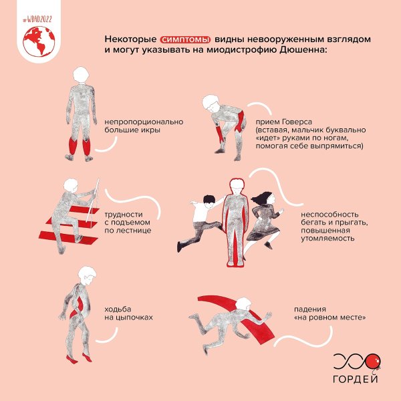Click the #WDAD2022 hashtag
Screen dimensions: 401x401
click(x=37, y=19)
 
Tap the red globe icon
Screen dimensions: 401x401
click(x=39, y=41)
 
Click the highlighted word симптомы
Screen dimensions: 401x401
click(x=185, y=39)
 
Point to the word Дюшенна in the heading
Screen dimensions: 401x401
click(x=303, y=49)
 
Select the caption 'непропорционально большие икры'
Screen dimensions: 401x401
click(x=144, y=126)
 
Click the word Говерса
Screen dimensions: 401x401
click(x=297, y=122)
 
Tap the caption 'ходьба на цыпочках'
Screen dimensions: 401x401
click(x=128, y=313)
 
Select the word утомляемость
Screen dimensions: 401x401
click(x=327, y=239)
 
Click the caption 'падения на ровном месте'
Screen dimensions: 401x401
click(x=329, y=313)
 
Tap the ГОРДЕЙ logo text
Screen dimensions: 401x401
click(x=356, y=379)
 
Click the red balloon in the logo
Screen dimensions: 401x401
click(x=373, y=362)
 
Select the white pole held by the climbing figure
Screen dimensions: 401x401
click(x=93, y=202)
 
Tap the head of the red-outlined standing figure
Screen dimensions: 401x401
click(x=237, y=186)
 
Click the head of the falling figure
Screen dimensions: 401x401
click(x=243, y=305)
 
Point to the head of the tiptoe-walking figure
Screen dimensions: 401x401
click(x=88, y=275)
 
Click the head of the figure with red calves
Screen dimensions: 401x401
click(x=81, y=75)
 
